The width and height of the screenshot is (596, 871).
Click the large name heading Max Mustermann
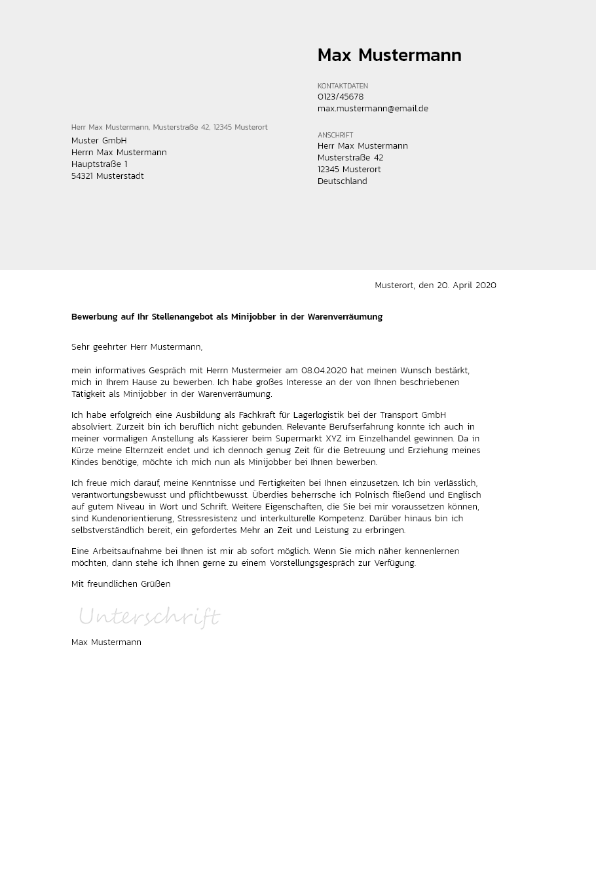389,56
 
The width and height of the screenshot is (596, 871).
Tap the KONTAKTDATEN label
343,86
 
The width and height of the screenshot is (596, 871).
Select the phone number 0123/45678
341,97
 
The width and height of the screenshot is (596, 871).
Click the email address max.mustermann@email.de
373,109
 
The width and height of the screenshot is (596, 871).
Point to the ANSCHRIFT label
335,135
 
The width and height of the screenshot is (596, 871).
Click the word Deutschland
342,181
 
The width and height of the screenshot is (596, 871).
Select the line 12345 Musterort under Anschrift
349,170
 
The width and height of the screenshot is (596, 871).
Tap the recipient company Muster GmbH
99,141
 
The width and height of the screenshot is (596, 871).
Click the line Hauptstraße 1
99,164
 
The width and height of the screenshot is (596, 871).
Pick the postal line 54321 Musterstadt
107,176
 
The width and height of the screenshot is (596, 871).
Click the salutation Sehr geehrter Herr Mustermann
137,347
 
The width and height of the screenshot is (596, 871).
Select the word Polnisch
373,495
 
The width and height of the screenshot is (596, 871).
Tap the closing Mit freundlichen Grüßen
121,584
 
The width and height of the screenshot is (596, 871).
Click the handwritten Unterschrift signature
149,617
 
